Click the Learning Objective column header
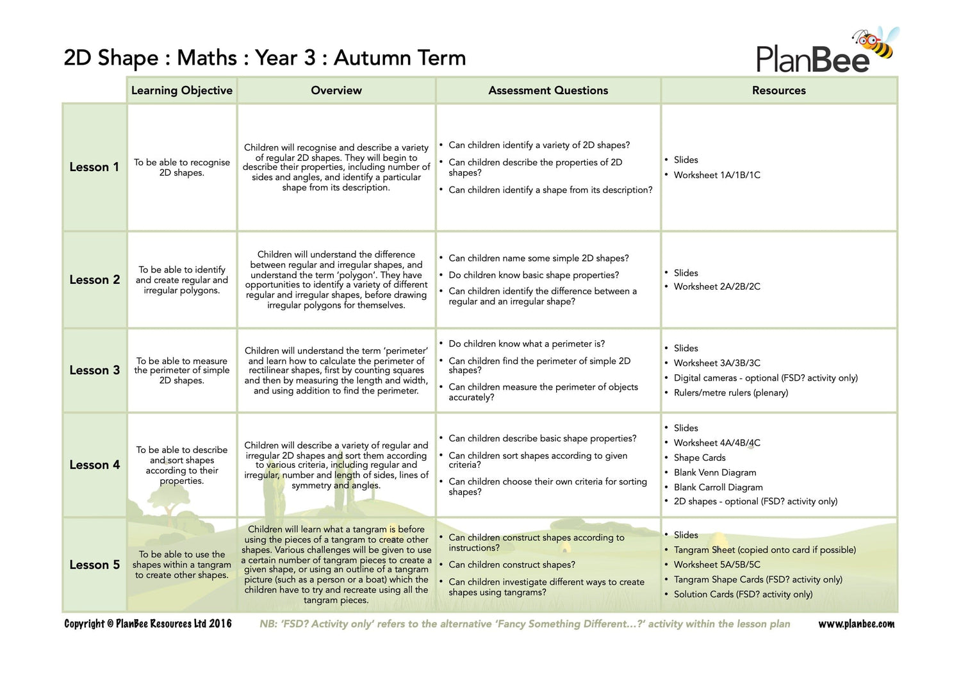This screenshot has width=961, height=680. point(182,90)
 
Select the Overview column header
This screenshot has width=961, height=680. point(336,90)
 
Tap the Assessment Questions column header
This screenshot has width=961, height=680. point(548,90)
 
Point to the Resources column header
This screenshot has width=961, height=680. point(778,90)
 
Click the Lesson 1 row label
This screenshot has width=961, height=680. point(94,167)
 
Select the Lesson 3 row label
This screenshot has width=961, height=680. point(94,370)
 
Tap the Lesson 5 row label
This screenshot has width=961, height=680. point(94,565)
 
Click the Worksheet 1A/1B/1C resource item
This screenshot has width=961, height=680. point(717,175)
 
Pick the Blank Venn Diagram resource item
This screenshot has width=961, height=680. point(715,473)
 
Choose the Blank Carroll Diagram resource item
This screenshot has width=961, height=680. point(718,488)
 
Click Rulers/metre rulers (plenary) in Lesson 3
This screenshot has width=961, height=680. point(731,393)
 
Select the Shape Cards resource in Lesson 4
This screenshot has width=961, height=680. point(700,458)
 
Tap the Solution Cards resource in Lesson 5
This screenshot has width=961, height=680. point(743,595)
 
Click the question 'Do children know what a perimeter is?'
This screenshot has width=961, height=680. point(527,344)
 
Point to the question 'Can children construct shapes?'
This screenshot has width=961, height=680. point(512,565)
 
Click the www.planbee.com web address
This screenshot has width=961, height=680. point(857,624)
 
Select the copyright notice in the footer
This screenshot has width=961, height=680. point(148,624)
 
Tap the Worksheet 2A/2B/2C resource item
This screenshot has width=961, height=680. point(717,287)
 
